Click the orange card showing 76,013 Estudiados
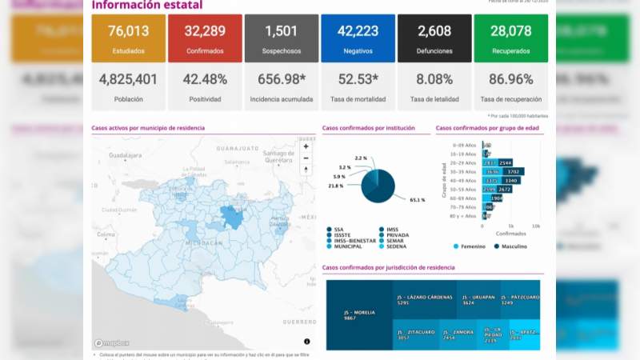(128, 38)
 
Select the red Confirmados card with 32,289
(205, 38)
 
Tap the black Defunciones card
(434, 38)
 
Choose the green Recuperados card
(510, 38)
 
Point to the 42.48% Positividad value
(205, 79)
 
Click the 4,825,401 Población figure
(128, 79)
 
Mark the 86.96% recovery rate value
(510, 79)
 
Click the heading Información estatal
(146, 6)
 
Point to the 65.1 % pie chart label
(418, 199)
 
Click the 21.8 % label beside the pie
(335, 186)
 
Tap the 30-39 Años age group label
(462, 171)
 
